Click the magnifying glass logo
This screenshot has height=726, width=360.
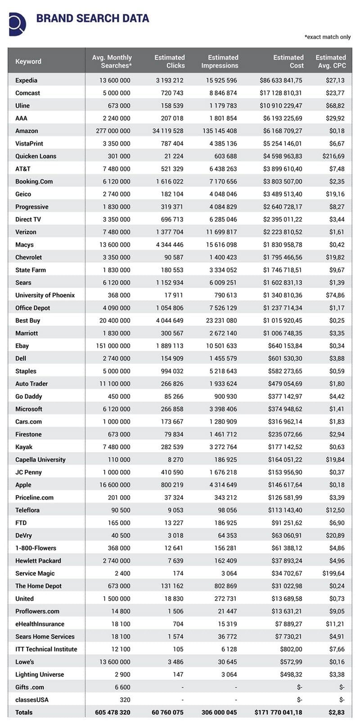(x=17, y=23)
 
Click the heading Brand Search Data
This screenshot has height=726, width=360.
(x=92, y=18)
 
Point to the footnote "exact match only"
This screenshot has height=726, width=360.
(x=328, y=37)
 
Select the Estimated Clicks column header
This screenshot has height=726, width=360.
(x=170, y=61)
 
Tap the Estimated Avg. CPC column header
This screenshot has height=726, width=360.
(x=331, y=61)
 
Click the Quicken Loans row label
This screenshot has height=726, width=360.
(x=36, y=156)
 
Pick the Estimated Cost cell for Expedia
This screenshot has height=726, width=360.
(x=281, y=81)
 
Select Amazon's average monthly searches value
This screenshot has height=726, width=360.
(x=113, y=131)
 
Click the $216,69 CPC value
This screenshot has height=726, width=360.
(x=333, y=156)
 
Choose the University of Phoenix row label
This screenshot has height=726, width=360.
(x=45, y=295)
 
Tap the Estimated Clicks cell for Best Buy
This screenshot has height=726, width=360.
(x=169, y=320)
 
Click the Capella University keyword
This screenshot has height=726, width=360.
(x=40, y=460)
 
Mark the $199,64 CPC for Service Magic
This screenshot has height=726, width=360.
(x=333, y=573)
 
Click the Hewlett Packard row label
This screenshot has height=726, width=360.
(x=38, y=561)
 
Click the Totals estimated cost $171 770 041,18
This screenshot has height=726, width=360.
(x=278, y=712)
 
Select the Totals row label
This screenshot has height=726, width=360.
(x=24, y=712)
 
